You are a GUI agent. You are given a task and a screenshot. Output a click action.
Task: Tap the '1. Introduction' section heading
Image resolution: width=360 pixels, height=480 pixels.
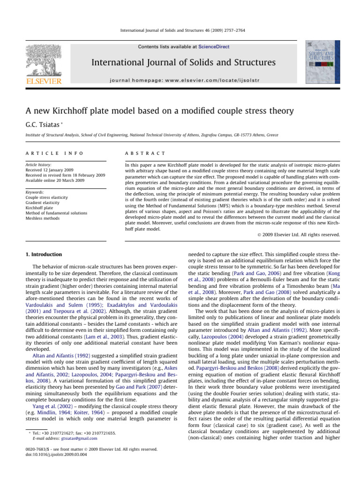[43, 255]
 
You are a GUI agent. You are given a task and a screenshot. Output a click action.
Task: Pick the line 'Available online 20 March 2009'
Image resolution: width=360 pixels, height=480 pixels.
[59, 180]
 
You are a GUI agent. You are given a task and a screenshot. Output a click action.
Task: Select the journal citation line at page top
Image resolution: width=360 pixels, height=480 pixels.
[180, 30]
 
